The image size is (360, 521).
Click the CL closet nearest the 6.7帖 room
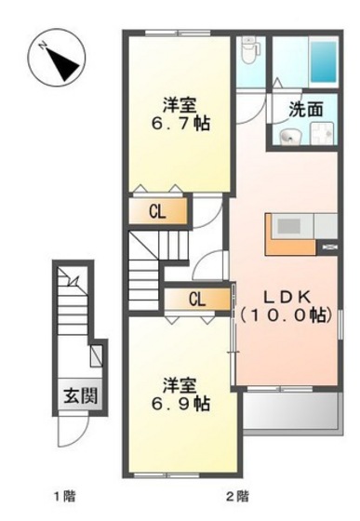tap(157, 212)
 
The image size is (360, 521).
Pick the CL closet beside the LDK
tap(196, 299)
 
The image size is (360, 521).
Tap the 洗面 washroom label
tap(306, 109)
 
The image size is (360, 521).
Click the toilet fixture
tap(249, 50)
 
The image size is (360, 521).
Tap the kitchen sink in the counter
tap(288, 227)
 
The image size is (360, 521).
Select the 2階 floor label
tap(235, 496)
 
